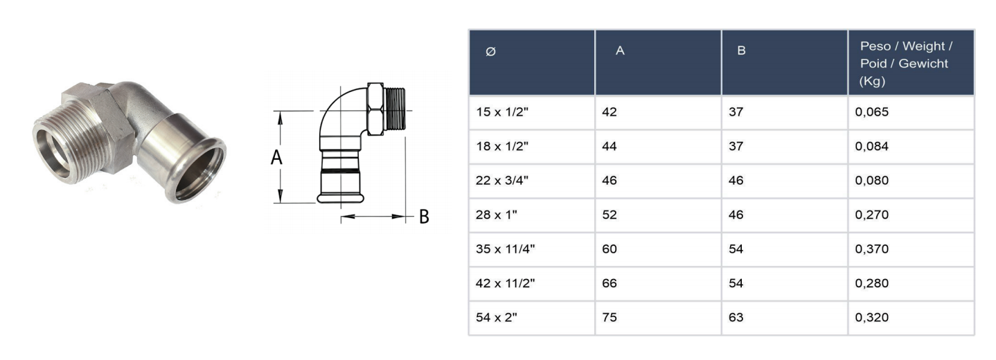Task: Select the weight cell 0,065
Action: click(871, 113)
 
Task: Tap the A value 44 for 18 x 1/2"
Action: click(610, 147)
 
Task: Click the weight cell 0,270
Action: click(871, 215)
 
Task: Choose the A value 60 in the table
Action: click(610, 249)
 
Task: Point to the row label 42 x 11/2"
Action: click(505, 283)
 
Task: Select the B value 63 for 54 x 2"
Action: click(736, 318)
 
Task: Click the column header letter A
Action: click(621, 51)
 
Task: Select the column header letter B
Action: click(741, 51)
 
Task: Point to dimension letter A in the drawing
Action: click(276, 158)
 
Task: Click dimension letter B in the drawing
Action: click(424, 217)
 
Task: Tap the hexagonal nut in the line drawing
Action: click(375, 109)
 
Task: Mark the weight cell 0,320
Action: click(871, 318)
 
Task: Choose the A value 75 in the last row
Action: click(610, 318)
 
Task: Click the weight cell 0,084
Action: click(871, 147)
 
